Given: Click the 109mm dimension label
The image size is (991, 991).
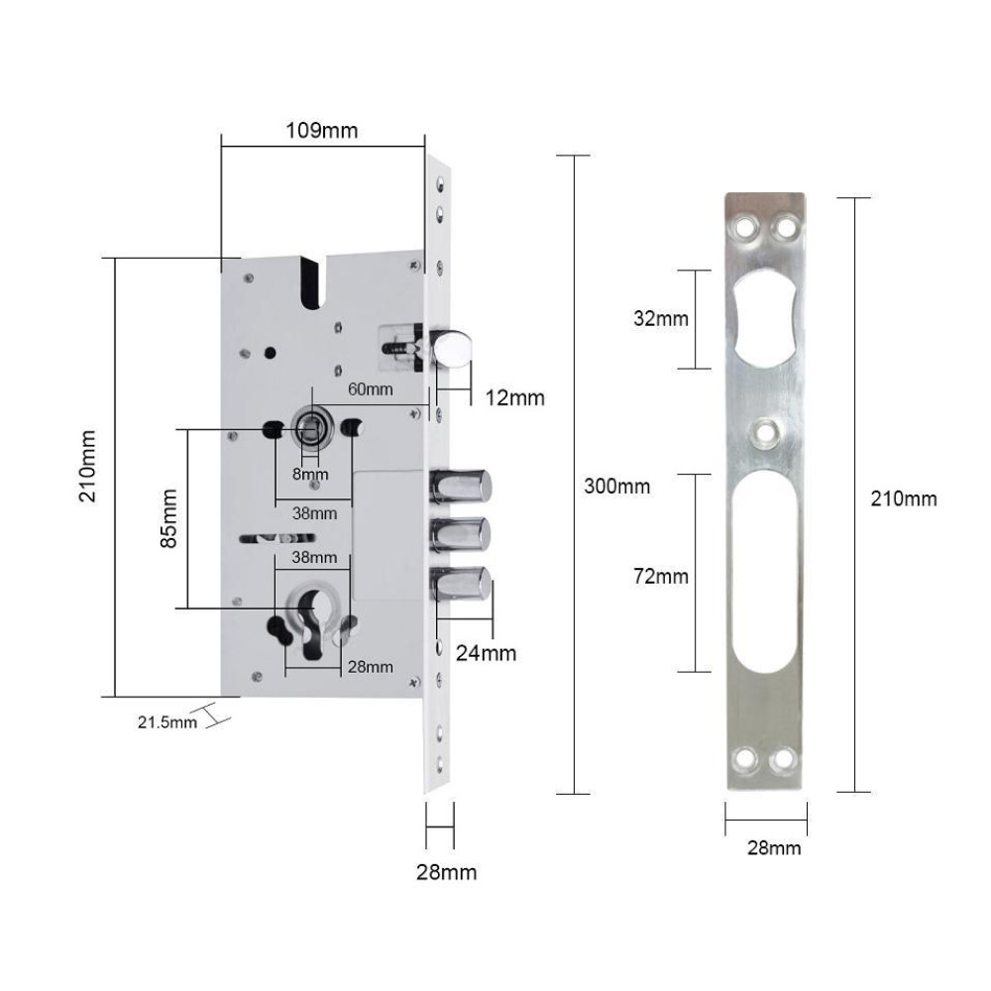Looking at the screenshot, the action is pos(322,131).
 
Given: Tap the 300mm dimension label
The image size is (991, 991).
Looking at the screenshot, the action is pos(616,486).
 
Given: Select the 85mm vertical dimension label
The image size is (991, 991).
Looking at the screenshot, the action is pos(168,518).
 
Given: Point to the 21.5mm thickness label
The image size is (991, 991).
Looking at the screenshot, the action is pos(167,721).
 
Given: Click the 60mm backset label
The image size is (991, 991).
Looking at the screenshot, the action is pos(371,389).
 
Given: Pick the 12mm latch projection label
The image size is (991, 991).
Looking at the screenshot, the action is pos(515,397).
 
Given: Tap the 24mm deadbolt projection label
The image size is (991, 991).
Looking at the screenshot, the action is pos(486,653).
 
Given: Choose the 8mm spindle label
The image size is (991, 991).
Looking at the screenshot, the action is pos(310,474).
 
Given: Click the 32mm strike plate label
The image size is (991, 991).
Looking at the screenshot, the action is pos(661,318).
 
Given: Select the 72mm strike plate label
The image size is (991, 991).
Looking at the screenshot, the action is pos(661,577).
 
